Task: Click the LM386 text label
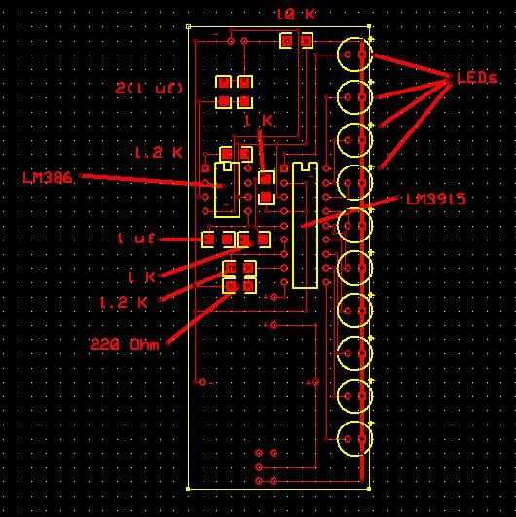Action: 48,178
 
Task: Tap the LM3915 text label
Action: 436,200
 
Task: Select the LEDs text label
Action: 477,78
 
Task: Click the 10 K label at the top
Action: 296,15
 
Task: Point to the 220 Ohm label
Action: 125,345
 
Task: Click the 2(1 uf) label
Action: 149,89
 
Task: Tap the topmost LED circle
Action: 354,55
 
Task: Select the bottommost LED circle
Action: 354,439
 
